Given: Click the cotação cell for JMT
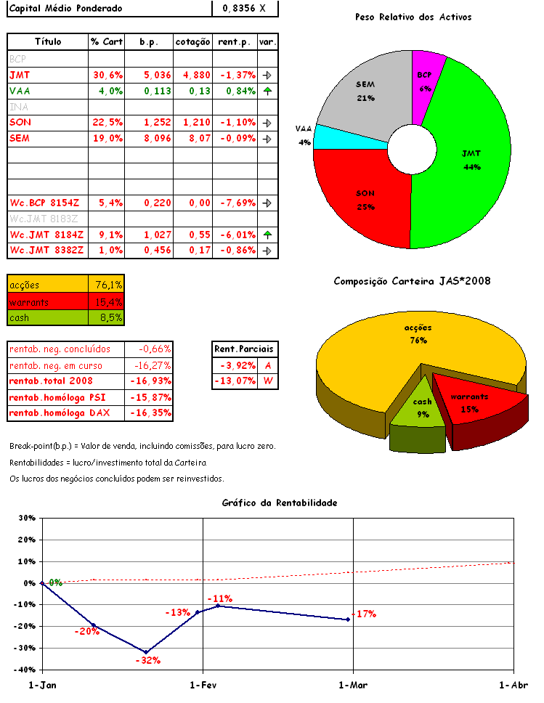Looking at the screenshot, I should pyautogui.click(x=193, y=75).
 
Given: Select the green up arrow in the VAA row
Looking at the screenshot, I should pyautogui.click(x=267, y=91).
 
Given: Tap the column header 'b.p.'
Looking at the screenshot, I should pyautogui.click(x=149, y=42).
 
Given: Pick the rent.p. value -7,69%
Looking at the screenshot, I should pyautogui.click(x=236, y=203).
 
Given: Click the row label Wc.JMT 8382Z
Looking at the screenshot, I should pyautogui.click(x=46, y=251).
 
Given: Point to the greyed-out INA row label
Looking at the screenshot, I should pyautogui.click(x=18, y=107).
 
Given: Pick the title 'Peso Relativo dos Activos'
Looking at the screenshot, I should pyautogui.click(x=413, y=17).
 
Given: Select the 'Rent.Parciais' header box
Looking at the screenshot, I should pyautogui.click(x=244, y=349).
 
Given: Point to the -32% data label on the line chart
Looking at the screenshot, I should pyautogui.click(x=147, y=661).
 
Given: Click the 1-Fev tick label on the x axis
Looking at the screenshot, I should pyautogui.click(x=203, y=686).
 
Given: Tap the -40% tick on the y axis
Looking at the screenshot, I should pyautogui.click(x=26, y=670).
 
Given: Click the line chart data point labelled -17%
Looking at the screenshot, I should pyautogui.click(x=348, y=619).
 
